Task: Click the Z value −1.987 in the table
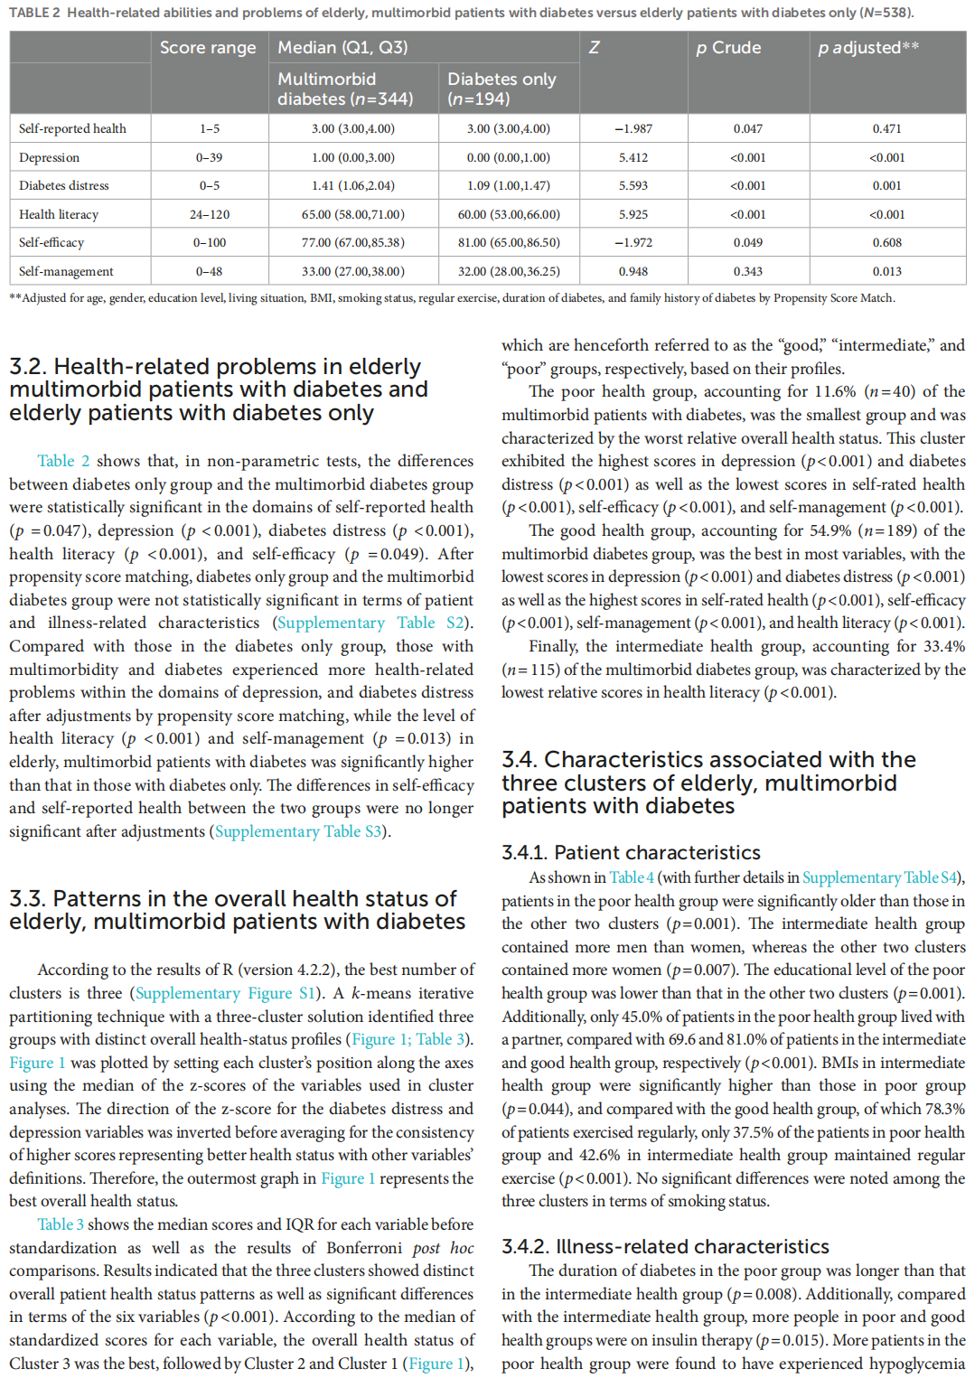pyautogui.click(x=633, y=129)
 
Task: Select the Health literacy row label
pyautogui.click(x=59, y=215)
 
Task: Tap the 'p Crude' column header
pyautogui.click(x=728, y=48)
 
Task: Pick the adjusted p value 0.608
pyautogui.click(x=886, y=243)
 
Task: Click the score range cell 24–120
pyautogui.click(x=210, y=215)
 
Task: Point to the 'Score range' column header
pyautogui.click(x=208, y=48)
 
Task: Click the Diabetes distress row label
pyautogui.click(x=64, y=186)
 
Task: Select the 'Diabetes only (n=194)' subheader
pyautogui.click(x=502, y=89)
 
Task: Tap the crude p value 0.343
pyautogui.click(x=747, y=271)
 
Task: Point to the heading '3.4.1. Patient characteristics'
pyautogui.click(x=631, y=852)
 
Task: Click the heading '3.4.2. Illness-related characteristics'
pyautogui.click(x=665, y=1247)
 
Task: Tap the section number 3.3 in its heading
pyautogui.click(x=27, y=898)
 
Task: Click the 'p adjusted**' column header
pyautogui.click(x=868, y=48)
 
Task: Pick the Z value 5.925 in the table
pyautogui.click(x=633, y=215)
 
